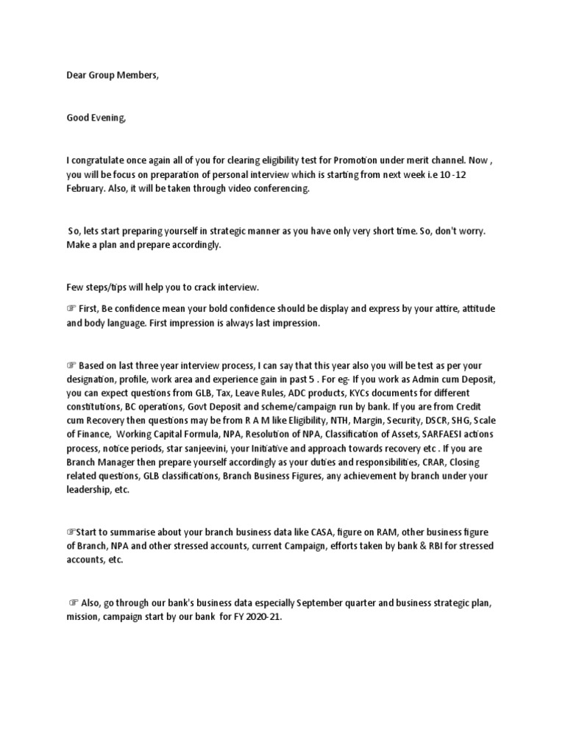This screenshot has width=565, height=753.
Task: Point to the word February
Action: (87, 189)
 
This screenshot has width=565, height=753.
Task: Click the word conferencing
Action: (282, 189)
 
